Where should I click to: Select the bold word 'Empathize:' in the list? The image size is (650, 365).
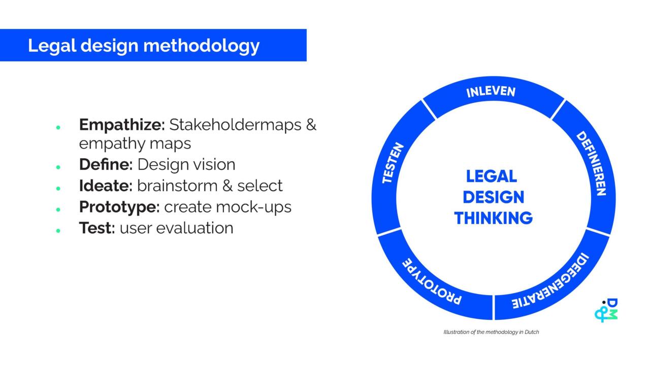122,124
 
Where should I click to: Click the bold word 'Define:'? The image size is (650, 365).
106,165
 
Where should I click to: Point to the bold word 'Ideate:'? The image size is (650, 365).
106,186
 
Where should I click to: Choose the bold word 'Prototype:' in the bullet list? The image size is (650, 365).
119,207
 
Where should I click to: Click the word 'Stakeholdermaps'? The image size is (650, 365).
235,124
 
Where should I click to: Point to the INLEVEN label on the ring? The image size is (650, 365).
491,92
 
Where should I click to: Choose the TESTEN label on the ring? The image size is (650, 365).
393,163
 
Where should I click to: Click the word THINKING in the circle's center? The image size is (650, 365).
493,218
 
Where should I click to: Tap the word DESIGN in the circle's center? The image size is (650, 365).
493,197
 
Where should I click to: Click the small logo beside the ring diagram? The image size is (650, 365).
606,310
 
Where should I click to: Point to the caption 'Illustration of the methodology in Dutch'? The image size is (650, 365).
491,332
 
